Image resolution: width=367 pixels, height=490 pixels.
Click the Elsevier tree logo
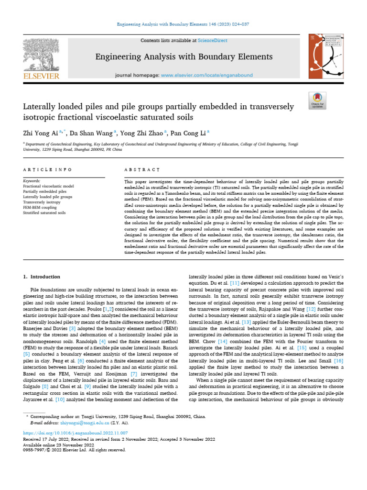[x=41, y=54]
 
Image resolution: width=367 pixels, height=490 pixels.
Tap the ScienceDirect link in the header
[x=192, y=41]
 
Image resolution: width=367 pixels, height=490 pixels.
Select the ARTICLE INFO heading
[x=47, y=170]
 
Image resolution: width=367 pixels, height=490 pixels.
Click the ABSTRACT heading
[x=141, y=170]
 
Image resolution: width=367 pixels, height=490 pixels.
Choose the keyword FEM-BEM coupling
[x=41, y=207]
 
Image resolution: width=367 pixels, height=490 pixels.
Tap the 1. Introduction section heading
[x=42, y=277]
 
